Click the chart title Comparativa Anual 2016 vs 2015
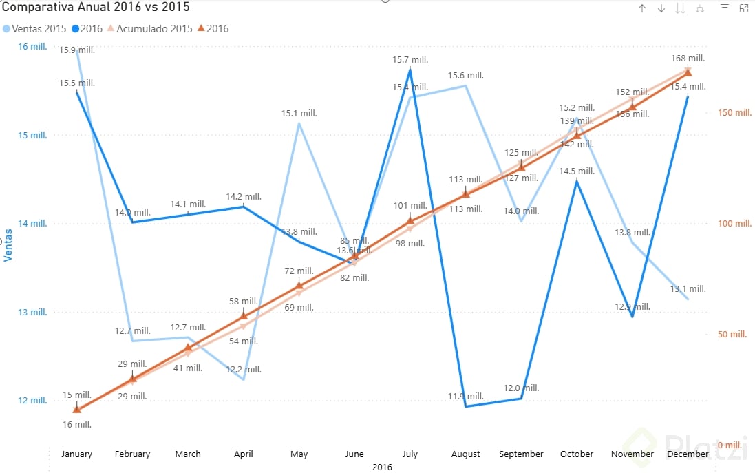(96, 8)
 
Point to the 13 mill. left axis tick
(32, 312)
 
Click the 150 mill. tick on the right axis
(736, 112)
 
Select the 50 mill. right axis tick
(733, 335)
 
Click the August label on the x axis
(465, 454)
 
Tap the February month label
(132, 454)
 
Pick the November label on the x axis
(632, 454)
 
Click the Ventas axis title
(9, 245)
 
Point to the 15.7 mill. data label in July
(410, 61)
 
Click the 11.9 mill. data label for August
(466, 397)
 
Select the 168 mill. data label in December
(687, 59)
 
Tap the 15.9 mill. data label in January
(76, 50)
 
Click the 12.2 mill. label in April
(244, 369)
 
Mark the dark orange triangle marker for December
(688, 72)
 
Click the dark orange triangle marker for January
(76, 410)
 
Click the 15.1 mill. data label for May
(299, 114)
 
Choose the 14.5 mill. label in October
(577, 171)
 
